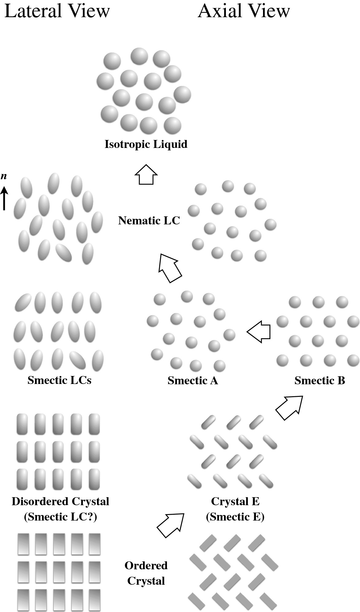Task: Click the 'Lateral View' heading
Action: point(57,11)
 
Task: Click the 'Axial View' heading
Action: point(244,11)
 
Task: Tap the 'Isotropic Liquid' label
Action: point(146,144)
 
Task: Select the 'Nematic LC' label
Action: point(149,220)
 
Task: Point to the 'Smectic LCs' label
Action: point(60,380)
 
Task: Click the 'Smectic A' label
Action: point(193,380)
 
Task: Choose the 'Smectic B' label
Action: point(320,380)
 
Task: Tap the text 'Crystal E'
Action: point(235,501)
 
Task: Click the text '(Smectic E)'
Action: point(235,517)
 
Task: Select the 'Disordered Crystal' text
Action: point(60,501)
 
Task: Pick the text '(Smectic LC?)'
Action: point(60,517)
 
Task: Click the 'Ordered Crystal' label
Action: point(146,573)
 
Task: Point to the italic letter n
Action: point(4,176)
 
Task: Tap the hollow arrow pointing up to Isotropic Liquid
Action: point(146,174)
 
